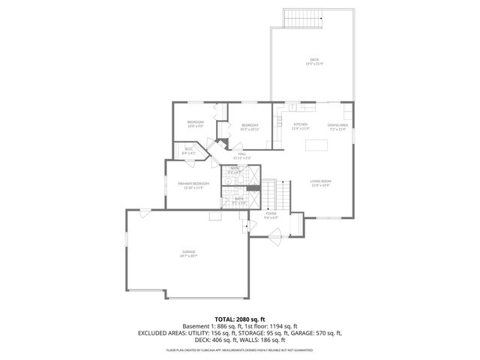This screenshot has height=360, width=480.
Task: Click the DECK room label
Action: [x=313, y=60]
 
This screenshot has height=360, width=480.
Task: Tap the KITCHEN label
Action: [x=301, y=124]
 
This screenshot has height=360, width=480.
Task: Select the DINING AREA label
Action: [x=337, y=124]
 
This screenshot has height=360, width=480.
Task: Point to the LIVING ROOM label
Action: [x=321, y=181]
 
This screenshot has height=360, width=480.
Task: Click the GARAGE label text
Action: [x=188, y=253]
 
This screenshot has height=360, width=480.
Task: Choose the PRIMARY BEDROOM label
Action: [x=193, y=184]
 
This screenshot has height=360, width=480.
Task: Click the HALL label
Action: [x=242, y=154]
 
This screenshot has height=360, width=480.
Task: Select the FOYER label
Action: [x=271, y=214]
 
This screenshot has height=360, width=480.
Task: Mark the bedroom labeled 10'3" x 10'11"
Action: [x=249, y=125]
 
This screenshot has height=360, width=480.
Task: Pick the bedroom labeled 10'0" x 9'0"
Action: [x=195, y=121]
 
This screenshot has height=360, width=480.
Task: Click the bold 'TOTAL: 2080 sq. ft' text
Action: [x=240, y=319]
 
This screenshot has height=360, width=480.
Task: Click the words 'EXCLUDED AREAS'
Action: [x=161, y=332]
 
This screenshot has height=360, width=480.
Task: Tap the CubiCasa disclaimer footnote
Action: [x=240, y=350]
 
